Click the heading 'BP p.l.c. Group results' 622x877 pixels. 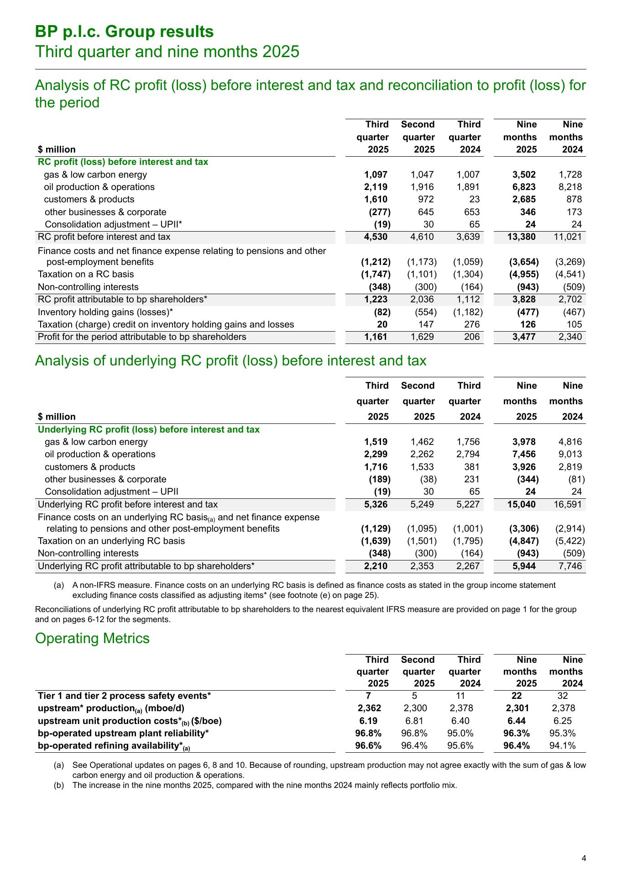pos(125,32)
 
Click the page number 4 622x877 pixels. pos(584,858)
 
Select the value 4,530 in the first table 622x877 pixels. pos(376,237)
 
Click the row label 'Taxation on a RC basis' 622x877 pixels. pos(86,274)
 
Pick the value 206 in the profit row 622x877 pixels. pos(473,337)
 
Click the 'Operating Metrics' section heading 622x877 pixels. pos(92,638)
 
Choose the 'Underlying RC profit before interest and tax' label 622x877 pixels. pos(128,504)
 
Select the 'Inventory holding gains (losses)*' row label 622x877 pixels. pos(106,312)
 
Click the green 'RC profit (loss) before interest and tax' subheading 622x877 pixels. pos(123,162)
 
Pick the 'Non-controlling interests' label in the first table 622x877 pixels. pos(88,287)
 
